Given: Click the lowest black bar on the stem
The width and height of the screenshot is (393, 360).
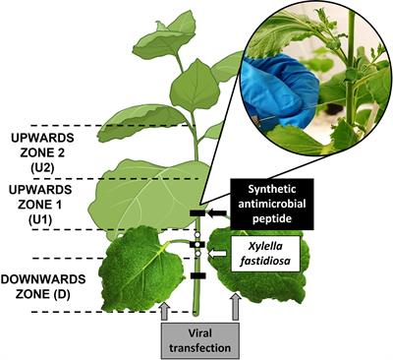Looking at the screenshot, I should coord(196,276).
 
